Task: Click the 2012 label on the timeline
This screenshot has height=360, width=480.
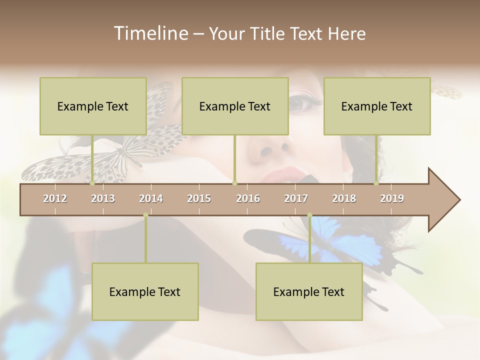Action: pyautogui.click(x=55, y=198)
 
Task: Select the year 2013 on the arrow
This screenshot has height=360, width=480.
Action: pyautogui.click(x=103, y=198)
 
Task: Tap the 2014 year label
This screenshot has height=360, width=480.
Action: pyautogui.click(x=151, y=198)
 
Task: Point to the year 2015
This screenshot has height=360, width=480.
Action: pyautogui.click(x=199, y=198)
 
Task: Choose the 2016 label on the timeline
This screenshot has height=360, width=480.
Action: pyautogui.click(x=248, y=198)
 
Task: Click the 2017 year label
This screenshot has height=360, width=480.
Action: pyautogui.click(x=296, y=198)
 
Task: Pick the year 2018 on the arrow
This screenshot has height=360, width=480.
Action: pyautogui.click(x=344, y=198)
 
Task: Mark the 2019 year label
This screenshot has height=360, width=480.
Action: pyautogui.click(x=392, y=198)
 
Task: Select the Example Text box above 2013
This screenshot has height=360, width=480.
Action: pyautogui.click(x=93, y=106)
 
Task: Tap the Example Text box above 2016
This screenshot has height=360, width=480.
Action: pyautogui.click(x=235, y=106)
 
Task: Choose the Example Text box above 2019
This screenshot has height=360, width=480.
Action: pyautogui.click(x=377, y=106)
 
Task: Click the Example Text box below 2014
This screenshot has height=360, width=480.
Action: pyautogui.click(x=145, y=291)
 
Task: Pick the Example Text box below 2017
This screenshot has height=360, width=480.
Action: pyautogui.click(x=309, y=291)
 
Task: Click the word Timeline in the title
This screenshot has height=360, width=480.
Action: pyautogui.click(x=150, y=33)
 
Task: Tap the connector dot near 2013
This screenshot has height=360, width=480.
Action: pyautogui.click(x=92, y=183)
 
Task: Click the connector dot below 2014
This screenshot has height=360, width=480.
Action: pyautogui.click(x=145, y=215)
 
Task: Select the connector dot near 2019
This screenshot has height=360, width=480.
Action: pyautogui.click(x=376, y=183)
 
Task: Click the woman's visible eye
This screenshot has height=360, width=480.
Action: pyautogui.click(x=303, y=104)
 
